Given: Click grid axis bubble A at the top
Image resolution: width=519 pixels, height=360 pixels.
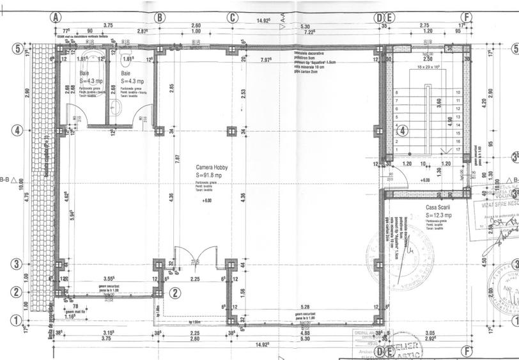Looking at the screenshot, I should pyautogui.click(x=56, y=17).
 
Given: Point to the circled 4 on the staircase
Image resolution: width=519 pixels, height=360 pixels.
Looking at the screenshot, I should pyautogui.click(x=403, y=132).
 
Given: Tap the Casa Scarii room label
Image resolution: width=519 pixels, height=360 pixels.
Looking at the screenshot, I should pyautogui.click(x=439, y=208).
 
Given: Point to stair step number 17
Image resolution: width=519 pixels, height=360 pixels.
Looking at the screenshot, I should pyautogui.click(x=458, y=149).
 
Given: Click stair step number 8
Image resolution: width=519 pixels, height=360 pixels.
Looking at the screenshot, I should pyautogui.click(x=397, y=93).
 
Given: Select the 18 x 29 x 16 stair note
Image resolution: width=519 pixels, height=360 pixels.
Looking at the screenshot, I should pyautogui.click(x=428, y=67).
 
